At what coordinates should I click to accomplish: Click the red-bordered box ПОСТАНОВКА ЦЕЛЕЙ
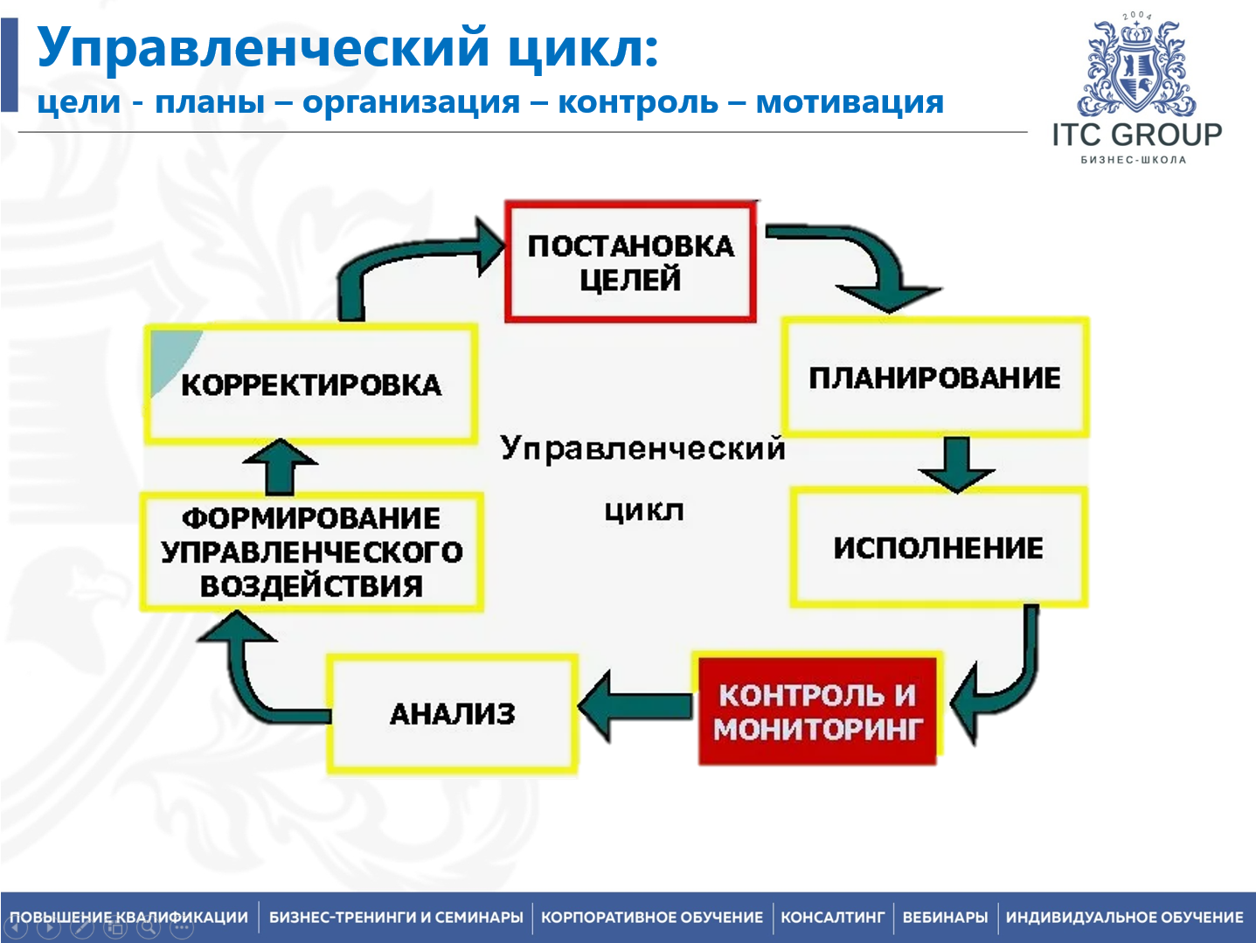[x=630, y=262]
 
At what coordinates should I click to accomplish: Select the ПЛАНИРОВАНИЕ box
[x=934, y=378]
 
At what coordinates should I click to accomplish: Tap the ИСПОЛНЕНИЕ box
[x=938, y=548]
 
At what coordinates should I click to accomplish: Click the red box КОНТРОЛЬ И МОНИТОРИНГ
[x=817, y=711]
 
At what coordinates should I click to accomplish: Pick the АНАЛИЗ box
[x=452, y=714]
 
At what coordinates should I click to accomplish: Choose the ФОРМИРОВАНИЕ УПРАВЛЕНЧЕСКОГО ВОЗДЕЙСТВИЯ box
[x=311, y=551]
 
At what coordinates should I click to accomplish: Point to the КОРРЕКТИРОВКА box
[x=311, y=385]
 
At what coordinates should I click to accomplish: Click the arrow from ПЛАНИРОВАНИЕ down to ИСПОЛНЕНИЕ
[x=956, y=464]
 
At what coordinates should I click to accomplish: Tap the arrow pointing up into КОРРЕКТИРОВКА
[x=280, y=468]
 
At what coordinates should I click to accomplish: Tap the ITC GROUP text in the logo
[x=1136, y=135]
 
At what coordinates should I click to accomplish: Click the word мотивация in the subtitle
[x=850, y=102]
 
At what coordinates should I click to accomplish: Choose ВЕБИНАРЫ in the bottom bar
[x=945, y=918]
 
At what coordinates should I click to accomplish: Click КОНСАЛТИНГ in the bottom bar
[x=832, y=918]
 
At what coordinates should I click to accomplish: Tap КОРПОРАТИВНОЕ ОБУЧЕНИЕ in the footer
[x=652, y=918]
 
